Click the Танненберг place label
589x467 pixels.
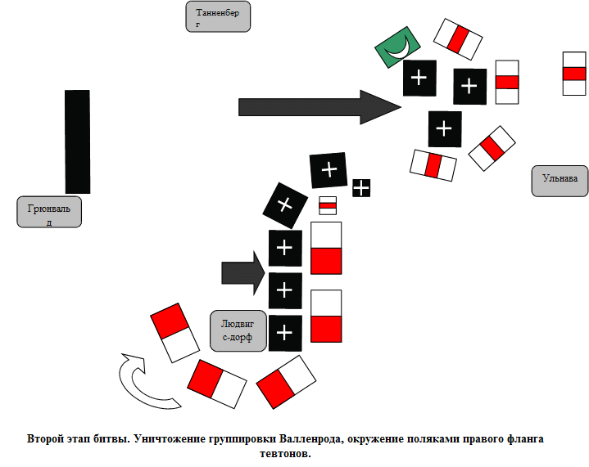[218, 16]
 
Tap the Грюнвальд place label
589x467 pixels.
[49, 211]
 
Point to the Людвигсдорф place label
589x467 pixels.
[238, 330]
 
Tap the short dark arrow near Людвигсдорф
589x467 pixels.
[243, 268]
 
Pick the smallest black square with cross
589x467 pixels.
[361, 188]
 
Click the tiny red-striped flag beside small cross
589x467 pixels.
[328, 204]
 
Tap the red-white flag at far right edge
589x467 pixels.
[573, 74]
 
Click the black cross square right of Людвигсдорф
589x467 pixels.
[285, 332]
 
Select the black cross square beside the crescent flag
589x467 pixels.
[419, 78]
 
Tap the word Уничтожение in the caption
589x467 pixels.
[170, 438]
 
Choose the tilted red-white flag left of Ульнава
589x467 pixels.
[492, 148]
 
